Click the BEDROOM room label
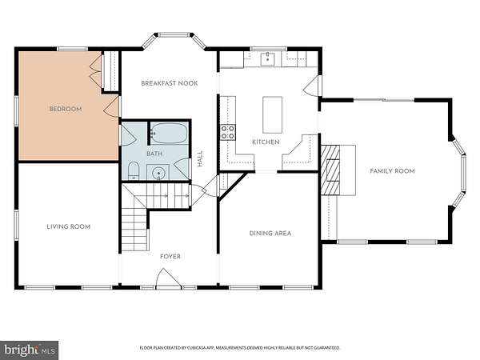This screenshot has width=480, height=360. coord(66,109)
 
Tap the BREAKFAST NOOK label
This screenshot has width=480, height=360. coord(170,83)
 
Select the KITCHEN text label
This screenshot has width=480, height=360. coord(266,142)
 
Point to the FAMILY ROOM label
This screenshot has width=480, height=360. coord(392,171)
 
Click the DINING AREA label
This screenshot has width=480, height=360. coord(270,234)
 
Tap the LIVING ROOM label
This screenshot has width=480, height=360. coord(68,227)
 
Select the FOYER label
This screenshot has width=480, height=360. coord(170,257)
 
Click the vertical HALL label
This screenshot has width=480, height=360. coord(200,158)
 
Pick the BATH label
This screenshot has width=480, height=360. coord(154,154)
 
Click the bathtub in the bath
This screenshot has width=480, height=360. coord(169,133)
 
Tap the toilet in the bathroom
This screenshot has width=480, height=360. coord(133,171)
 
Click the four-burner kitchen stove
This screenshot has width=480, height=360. coord(228,132)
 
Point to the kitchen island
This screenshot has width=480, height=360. coord(273,114)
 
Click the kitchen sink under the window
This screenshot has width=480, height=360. coord(267,59)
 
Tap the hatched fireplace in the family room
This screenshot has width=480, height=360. coord(330,170)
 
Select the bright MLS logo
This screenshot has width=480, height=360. coord(30,350)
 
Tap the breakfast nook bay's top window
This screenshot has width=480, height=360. coord(174,35)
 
